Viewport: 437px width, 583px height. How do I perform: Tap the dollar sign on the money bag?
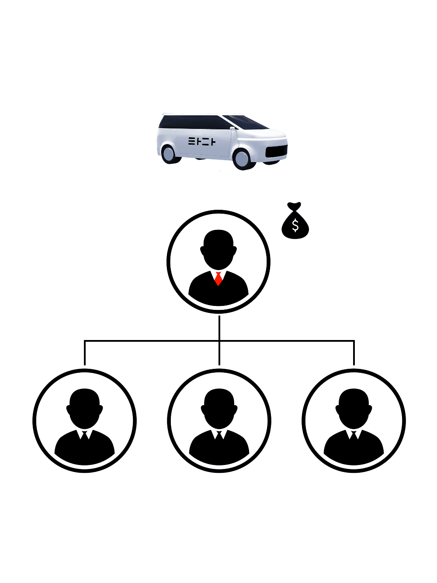295,226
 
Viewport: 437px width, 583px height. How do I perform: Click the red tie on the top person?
218,278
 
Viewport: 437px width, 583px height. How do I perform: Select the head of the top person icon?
218,249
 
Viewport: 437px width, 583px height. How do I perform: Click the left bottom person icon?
85,420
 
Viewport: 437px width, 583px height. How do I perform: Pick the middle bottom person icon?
219,420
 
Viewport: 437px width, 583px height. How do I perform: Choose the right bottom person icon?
354,420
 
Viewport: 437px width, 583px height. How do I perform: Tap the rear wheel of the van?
169,153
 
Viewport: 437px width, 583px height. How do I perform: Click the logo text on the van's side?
202,141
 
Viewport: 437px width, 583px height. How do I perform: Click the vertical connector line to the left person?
85,353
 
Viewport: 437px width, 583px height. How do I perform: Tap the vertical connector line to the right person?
354,353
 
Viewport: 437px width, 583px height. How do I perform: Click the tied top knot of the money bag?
294,205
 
